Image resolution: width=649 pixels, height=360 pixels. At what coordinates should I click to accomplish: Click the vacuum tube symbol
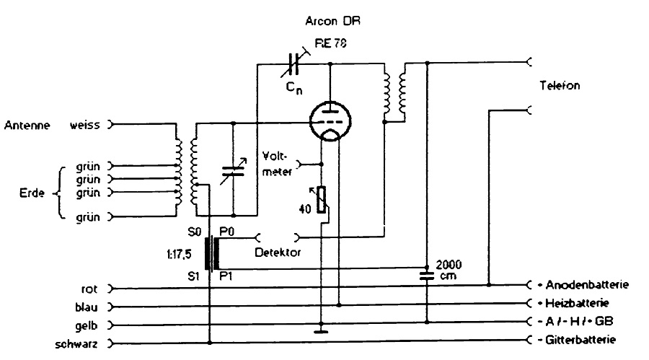(330, 122)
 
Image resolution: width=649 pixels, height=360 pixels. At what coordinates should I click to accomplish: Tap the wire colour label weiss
(84, 124)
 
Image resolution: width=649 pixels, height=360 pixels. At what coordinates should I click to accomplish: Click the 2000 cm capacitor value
(444, 269)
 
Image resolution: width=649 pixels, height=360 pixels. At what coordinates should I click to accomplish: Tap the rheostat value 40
(306, 208)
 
